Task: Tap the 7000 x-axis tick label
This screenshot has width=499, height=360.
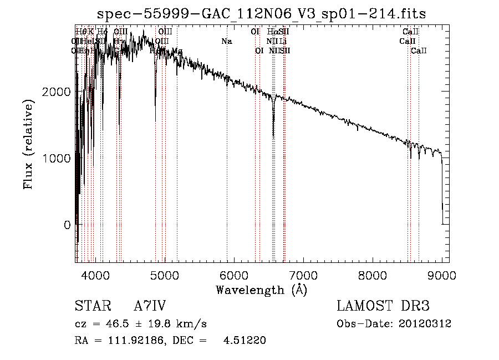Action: pos(303,275)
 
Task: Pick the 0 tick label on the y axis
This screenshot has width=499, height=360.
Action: pos(67,225)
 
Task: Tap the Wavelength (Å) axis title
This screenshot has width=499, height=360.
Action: pos(261,290)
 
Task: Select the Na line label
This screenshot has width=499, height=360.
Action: pos(226,41)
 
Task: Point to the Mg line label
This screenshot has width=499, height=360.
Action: pos(177,51)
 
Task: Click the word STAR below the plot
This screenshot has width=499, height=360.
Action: pos(90,306)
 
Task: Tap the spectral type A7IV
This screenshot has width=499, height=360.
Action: pos(150,306)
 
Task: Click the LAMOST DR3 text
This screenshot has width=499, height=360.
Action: pos(383,306)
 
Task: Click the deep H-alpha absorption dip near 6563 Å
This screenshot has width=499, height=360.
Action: pos(273,130)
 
